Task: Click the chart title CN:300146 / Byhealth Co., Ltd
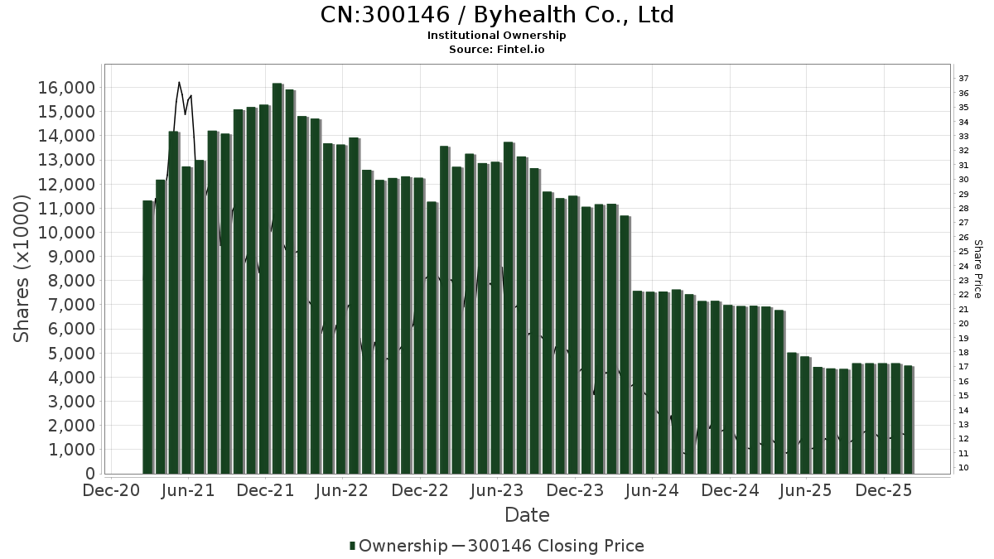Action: (496, 15)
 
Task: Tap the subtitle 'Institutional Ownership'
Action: (496, 36)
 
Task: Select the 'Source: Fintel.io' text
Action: (496, 50)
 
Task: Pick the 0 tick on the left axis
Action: (89, 474)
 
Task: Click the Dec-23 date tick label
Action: (574, 490)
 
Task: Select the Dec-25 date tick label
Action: (884, 490)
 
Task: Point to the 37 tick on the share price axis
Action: (963, 79)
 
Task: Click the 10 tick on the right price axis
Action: (963, 468)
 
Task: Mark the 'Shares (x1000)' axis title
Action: (22, 269)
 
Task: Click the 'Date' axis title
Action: (527, 515)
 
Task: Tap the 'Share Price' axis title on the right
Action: (977, 269)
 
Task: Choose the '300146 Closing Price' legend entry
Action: (555, 546)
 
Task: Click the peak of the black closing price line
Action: (179, 82)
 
